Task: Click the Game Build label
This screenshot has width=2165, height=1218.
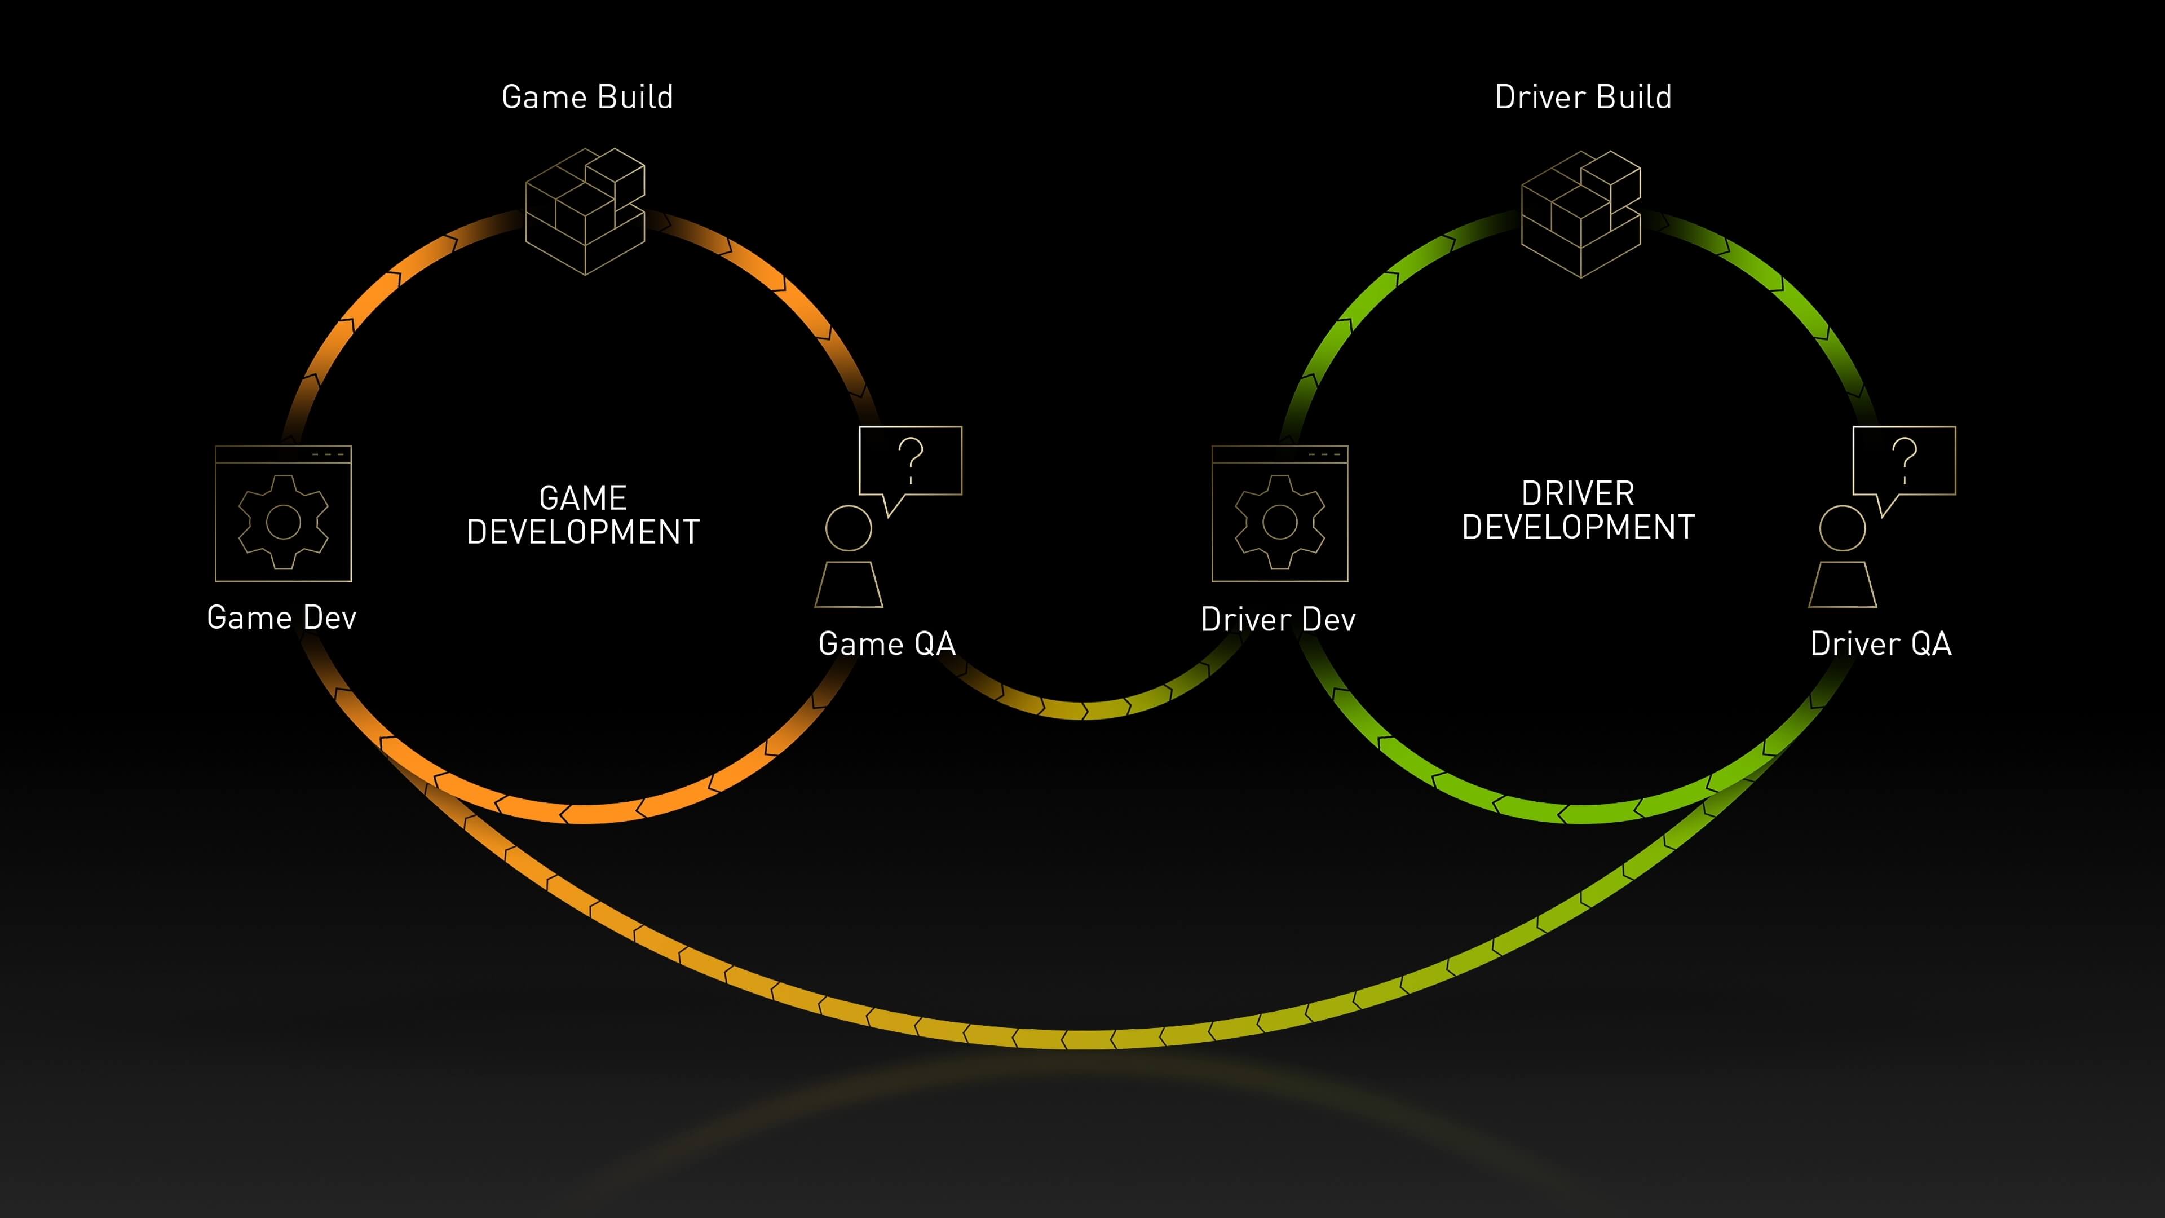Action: click(586, 98)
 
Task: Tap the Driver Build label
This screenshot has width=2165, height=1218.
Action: click(1583, 98)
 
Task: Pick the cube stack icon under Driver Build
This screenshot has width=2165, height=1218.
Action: click(1581, 214)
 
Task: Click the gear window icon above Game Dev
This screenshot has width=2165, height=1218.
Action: click(283, 514)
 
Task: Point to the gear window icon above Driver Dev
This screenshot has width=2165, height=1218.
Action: click(1279, 514)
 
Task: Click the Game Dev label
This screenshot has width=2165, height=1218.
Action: click(281, 618)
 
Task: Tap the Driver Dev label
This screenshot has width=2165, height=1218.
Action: click(1278, 620)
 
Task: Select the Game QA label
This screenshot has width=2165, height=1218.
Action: click(887, 644)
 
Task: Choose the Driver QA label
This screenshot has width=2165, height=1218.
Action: click(1880, 644)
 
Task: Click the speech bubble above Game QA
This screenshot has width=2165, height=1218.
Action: click(910, 461)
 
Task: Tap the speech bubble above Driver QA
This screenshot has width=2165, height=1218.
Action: click(1905, 461)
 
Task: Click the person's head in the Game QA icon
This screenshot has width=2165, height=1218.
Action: click(849, 528)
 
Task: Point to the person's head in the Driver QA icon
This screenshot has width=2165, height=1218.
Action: click(1843, 528)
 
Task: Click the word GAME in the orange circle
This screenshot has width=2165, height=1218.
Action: click(582, 497)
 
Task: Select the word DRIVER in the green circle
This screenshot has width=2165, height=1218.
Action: click(1578, 493)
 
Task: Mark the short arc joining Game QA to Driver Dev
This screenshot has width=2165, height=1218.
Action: click(1084, 709)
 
